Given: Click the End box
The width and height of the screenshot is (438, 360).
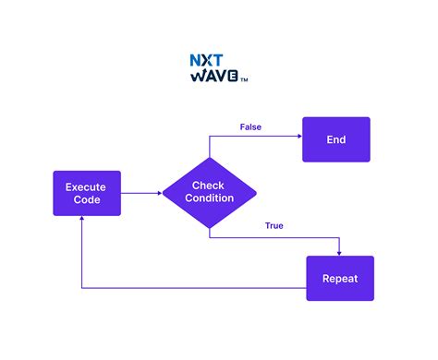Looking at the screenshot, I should point(335,139).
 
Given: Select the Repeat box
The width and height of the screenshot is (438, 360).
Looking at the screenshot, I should point(340,278).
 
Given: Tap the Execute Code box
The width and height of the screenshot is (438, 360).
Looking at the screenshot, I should point(86,193).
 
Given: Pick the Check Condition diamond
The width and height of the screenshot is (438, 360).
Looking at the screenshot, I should point(210,192).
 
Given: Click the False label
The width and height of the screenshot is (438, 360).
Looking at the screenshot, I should point(249,126).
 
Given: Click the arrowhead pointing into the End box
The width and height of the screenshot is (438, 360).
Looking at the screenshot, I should point(298,136).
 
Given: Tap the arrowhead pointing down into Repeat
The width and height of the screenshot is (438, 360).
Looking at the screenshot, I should point(340,252).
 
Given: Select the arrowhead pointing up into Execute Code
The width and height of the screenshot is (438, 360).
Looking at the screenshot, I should point(82,221).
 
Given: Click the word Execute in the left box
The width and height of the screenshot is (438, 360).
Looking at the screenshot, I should point(86,186).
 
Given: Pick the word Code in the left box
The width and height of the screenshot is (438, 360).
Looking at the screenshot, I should point(86,200).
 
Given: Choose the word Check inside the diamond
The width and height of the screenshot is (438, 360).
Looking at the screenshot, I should point(210,186).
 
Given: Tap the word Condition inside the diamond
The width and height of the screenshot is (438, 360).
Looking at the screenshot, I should point(210,198).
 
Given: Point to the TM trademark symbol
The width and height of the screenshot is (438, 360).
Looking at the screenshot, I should point(244,80).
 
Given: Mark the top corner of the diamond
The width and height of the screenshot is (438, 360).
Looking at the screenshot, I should point(210,156).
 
